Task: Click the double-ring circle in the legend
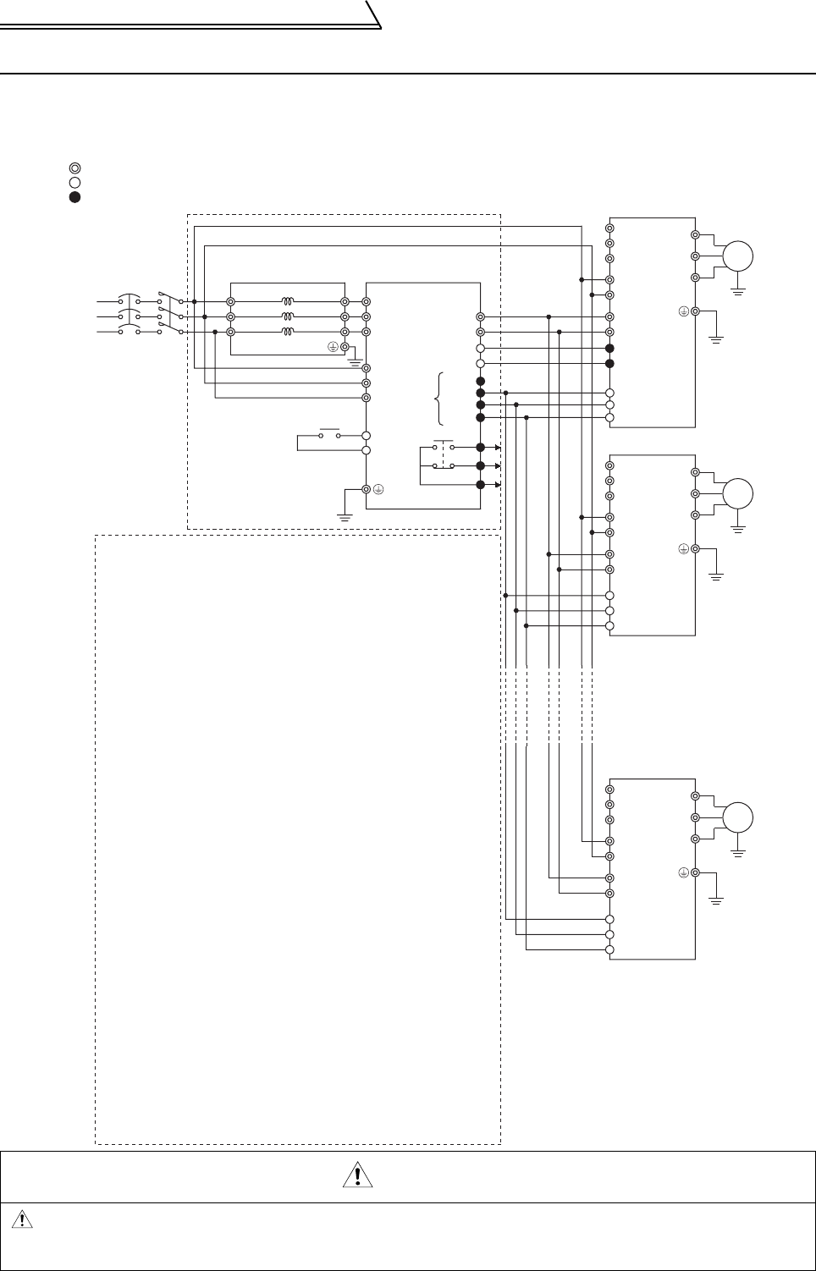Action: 74,168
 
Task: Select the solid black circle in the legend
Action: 74,197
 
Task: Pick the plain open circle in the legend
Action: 74,182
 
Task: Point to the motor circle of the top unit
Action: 737,256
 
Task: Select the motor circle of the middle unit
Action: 737,493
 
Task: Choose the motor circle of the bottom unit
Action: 737,817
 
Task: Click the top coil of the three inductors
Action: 289,300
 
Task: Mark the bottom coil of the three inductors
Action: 289,331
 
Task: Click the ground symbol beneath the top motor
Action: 738,291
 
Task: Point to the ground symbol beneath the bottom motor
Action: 738,853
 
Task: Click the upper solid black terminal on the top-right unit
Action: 609,349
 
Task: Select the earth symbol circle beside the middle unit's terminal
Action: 683,548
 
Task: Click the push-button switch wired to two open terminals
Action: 329,434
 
